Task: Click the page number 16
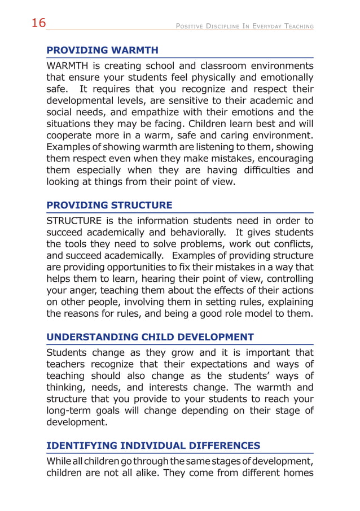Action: (x=38, y=23)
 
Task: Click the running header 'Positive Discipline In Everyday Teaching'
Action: (x=244, y=27)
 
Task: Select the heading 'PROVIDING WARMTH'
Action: (x=102, y=50)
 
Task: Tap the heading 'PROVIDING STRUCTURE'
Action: (x=109, y=204)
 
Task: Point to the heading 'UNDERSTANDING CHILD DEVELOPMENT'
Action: (x=150, y=337)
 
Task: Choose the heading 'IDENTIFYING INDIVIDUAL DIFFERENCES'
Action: (x=153, y=446)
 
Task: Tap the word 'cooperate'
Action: (x=71, y=136)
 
